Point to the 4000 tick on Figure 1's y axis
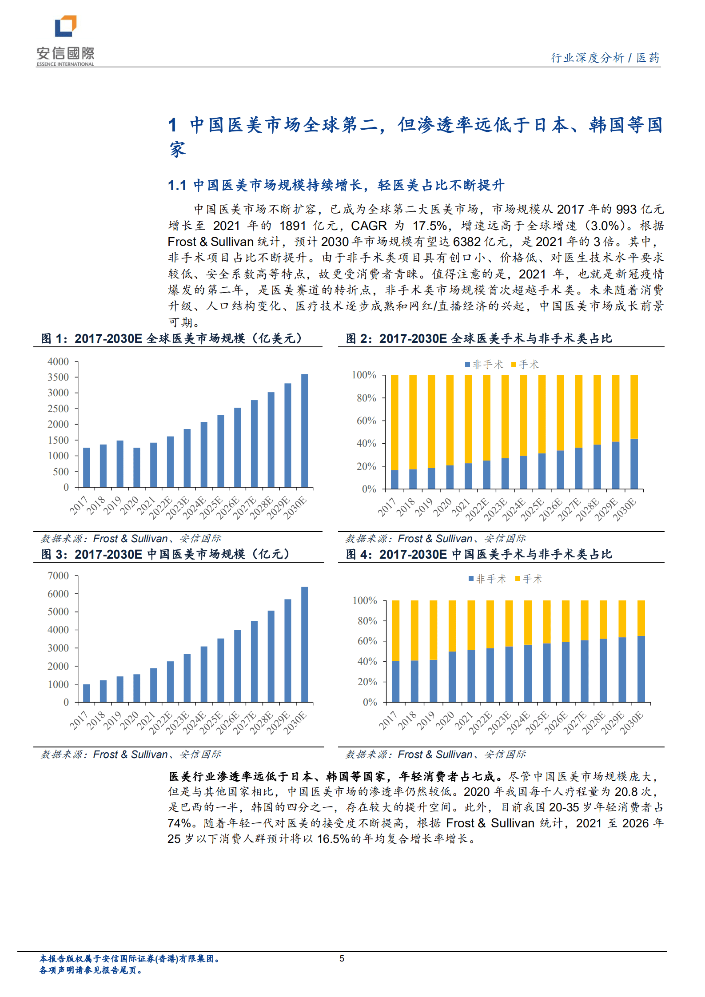(58, 361)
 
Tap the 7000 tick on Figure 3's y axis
(58, 576)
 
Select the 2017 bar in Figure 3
(87, 693)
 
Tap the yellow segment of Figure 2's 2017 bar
(394, 422)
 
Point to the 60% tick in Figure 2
(366, 421)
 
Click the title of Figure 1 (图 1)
(171, 338)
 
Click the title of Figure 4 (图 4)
(478, 554)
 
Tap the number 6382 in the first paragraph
(466, 242)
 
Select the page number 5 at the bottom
(342, 958)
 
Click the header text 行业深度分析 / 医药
(605, 58)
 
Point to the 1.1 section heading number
(177, 185)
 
